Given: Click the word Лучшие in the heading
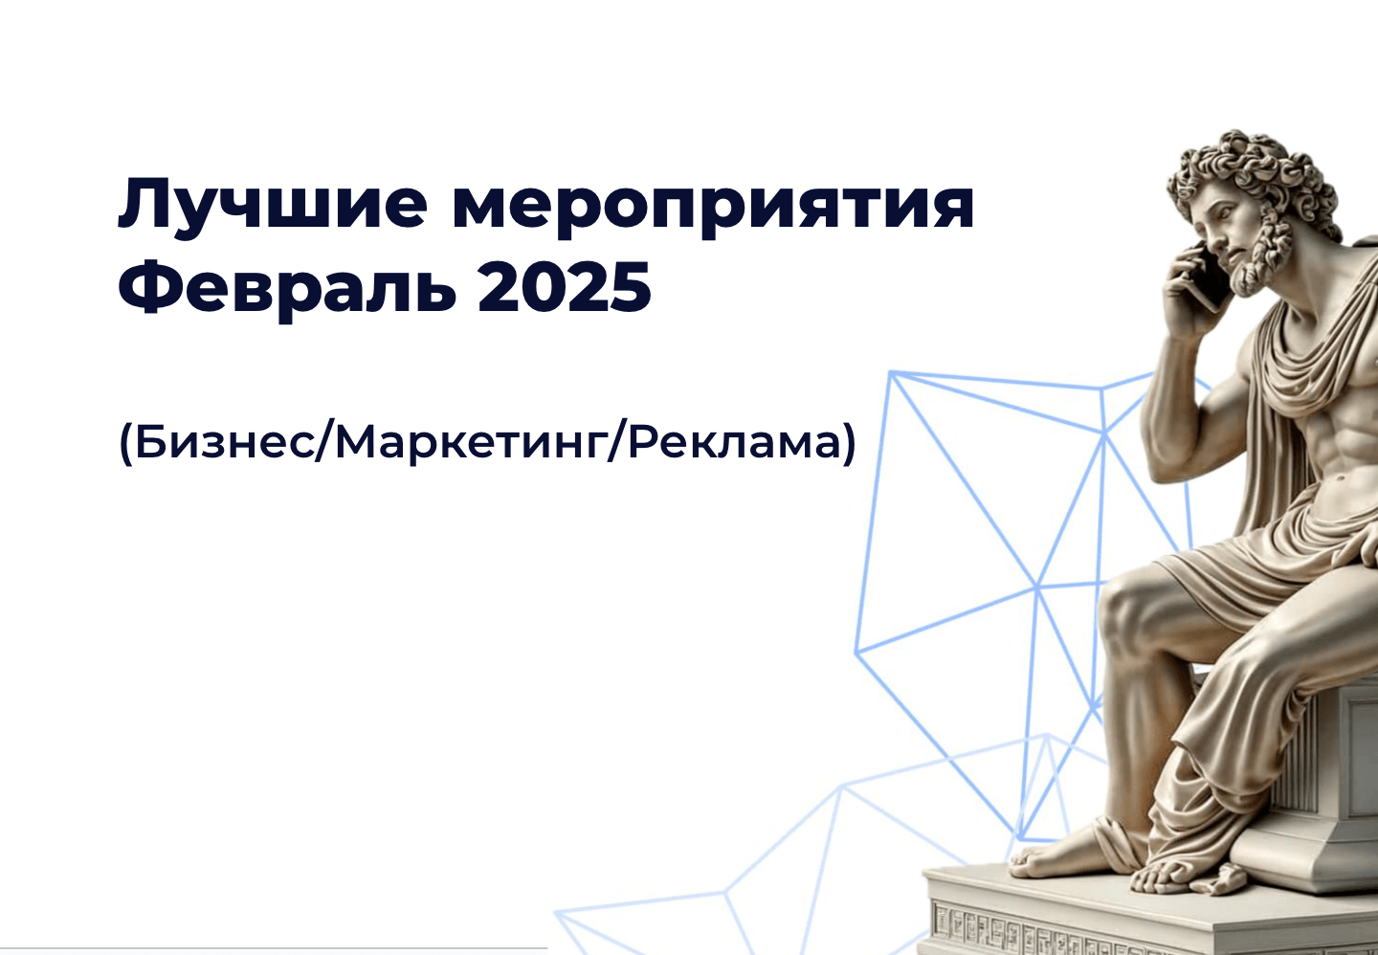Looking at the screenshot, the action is pos(273,204).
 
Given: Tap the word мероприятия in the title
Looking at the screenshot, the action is pos(713,211).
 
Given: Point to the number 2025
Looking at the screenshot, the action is pos(565,286).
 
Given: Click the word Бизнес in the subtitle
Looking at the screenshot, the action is pos(224,442).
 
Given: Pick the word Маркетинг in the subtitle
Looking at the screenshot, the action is pos(469,444).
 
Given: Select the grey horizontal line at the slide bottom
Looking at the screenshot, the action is pos(274,948).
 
